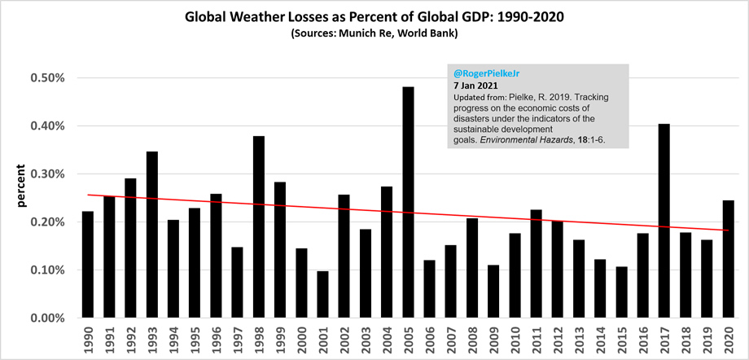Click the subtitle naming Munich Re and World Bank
tap(374, 34)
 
